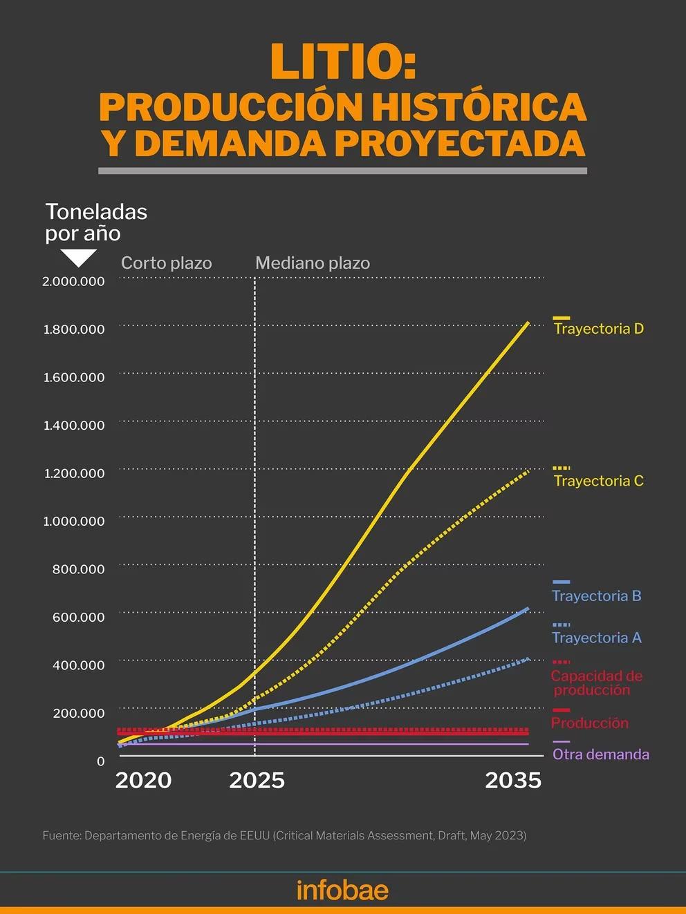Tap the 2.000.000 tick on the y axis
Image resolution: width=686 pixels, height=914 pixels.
(x=73, y=281)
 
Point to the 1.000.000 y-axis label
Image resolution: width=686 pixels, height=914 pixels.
(x=73, y=521)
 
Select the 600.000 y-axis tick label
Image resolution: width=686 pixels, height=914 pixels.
(x=78, y=617)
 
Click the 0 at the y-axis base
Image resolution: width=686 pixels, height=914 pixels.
(x=101, y=761)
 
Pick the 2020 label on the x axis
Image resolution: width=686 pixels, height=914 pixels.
(x=143, y=780)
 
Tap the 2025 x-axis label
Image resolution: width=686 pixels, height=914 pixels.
(x=257, y=780)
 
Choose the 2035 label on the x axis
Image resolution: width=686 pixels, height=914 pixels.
(x=513, y=780)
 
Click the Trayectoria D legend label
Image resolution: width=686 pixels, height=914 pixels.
(x=599, y=329)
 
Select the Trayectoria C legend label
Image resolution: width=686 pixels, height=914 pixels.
(x=599, y=481)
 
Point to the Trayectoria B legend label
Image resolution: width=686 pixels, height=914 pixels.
(x=597, y=596)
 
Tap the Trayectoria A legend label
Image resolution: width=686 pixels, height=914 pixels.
(x=597, y=638)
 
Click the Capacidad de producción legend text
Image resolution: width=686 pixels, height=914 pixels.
(x=596, y=683)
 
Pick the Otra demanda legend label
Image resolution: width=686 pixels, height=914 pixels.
(x=601, y=754)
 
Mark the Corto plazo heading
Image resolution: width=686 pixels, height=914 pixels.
(x=166, y=263)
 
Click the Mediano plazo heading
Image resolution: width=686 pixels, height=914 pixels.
(x=313, y=263)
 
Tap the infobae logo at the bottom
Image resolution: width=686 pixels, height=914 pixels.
(x=342, y=890)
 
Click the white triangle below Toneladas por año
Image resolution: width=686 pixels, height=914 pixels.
(x=78, y=258)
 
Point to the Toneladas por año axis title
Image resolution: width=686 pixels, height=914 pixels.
(x=96, y=222)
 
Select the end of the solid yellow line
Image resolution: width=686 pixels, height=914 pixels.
(x=529, y=322)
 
